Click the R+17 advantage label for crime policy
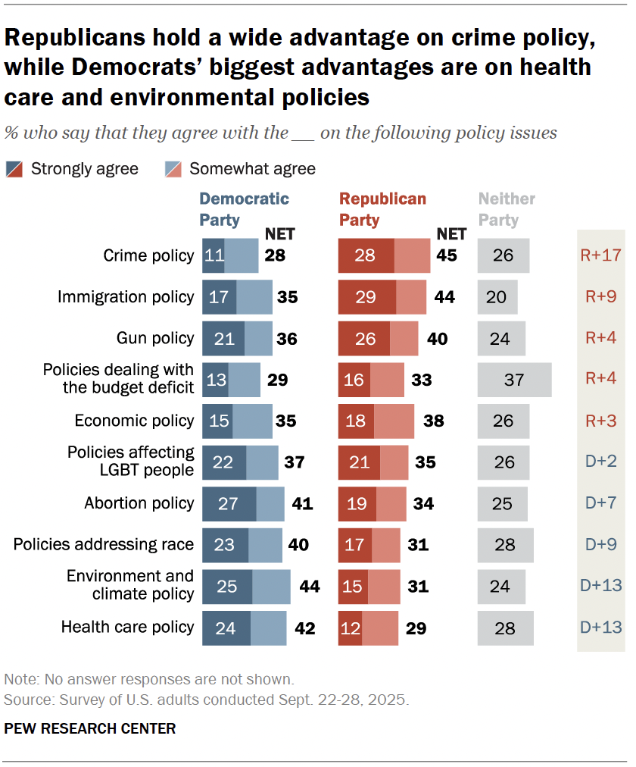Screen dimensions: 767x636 (600, 255)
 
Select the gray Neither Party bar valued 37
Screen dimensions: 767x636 (514, 379)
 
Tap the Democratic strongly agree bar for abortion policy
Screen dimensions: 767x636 (229, 502)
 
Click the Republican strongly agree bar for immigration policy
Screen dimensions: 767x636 (366, 296)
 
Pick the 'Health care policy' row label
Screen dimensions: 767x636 (127, 627)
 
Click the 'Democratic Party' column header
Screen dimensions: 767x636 (244, 209)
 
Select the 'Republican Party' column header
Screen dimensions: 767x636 (382, 209)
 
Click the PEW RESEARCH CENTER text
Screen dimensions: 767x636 (90, 728)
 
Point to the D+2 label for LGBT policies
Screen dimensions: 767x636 (600, 462)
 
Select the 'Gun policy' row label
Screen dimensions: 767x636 (156, 338)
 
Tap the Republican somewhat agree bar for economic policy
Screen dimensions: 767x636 (394, 421)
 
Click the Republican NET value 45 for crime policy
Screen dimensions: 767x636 (446, 255)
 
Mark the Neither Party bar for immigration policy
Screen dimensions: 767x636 (497, 296)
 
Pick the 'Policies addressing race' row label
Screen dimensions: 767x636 (104, 544)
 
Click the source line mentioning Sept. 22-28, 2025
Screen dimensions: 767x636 (207, 699)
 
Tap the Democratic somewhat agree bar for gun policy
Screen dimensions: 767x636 (258, 338)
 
